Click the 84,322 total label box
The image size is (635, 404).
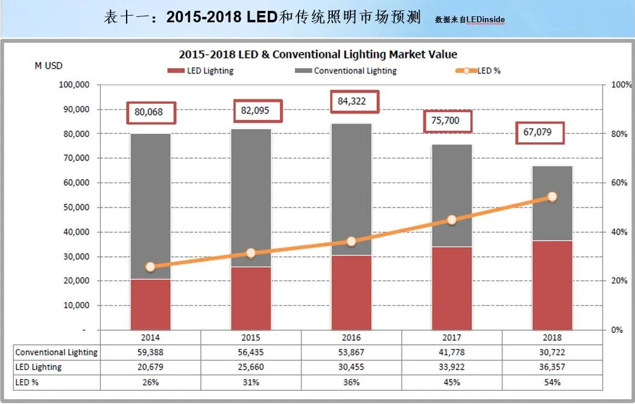355,100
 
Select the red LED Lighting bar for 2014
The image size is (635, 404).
150,304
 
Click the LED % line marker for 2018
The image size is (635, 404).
552,197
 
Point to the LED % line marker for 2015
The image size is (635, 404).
251,253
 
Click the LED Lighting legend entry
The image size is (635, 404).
201,71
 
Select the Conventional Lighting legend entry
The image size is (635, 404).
346,71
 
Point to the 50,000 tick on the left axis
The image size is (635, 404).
75,207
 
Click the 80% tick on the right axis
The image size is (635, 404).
619,134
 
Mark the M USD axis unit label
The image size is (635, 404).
48,66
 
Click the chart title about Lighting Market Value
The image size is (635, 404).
318,54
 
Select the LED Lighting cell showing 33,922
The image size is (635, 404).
452,367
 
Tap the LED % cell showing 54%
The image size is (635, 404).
552,382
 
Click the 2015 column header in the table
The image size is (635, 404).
251,338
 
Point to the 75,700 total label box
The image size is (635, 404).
446,121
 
